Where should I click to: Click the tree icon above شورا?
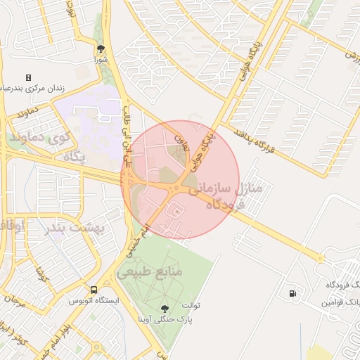(101, 49)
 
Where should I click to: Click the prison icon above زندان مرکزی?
(28, 77)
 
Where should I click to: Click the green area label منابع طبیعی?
(150, 271)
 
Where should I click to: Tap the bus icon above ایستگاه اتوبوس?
(94, 290)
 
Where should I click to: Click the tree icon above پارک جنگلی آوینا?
(165, 308)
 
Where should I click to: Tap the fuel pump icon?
(292, 293)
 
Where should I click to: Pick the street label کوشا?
(42, 275)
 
